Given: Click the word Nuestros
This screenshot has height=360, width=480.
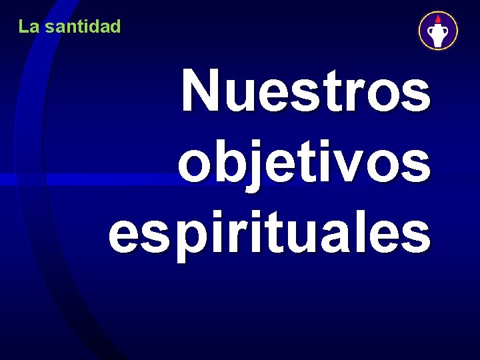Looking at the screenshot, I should coord(306,91).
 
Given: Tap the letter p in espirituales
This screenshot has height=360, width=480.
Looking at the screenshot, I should coord(192,237).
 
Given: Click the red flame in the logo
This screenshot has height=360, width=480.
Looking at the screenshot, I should coord(438,19).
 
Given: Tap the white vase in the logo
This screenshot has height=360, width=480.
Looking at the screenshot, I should coord(438,34).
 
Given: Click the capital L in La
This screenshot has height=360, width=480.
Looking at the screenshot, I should coord(23,27).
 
